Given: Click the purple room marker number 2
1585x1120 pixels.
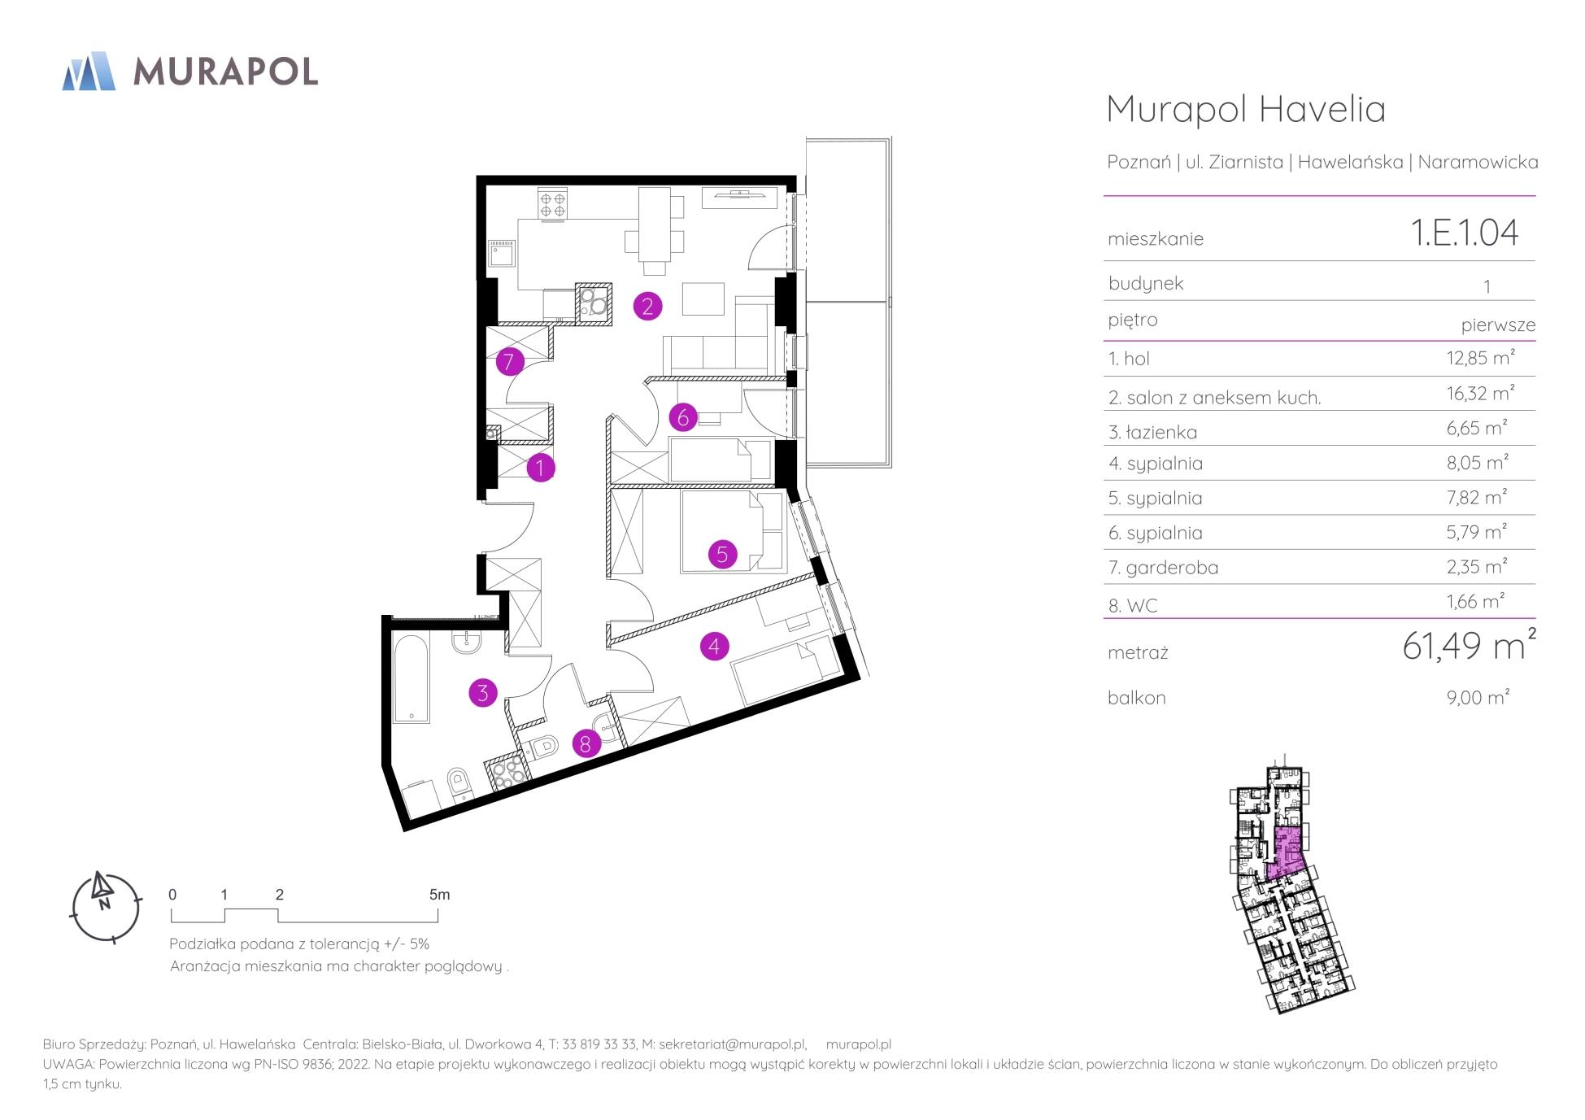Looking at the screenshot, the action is point(647,306).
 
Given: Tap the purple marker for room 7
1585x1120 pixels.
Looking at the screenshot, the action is point(509,361).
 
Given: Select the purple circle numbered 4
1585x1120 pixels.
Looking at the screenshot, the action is point(714,647).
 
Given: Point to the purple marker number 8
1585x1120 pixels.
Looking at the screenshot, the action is point(586,743).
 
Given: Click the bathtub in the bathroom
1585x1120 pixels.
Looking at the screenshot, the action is point(412,679).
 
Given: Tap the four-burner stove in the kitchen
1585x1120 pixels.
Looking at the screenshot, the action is point(554,203).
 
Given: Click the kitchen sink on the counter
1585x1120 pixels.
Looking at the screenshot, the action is point(501,254).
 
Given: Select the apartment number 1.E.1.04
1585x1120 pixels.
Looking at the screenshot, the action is point(1465,233).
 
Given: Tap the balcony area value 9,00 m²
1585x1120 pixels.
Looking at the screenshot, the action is point(1478,697).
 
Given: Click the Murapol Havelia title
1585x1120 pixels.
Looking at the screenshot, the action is point(1246,109).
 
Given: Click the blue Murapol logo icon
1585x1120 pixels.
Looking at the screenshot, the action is point(89,71).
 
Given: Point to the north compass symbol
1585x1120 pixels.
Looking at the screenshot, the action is point(105,908).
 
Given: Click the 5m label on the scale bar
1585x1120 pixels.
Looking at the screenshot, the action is point(439,895).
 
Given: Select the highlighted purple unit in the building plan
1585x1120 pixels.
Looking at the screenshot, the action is point(1286,855).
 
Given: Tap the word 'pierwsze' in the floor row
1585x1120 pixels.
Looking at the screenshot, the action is point(1498,325).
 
